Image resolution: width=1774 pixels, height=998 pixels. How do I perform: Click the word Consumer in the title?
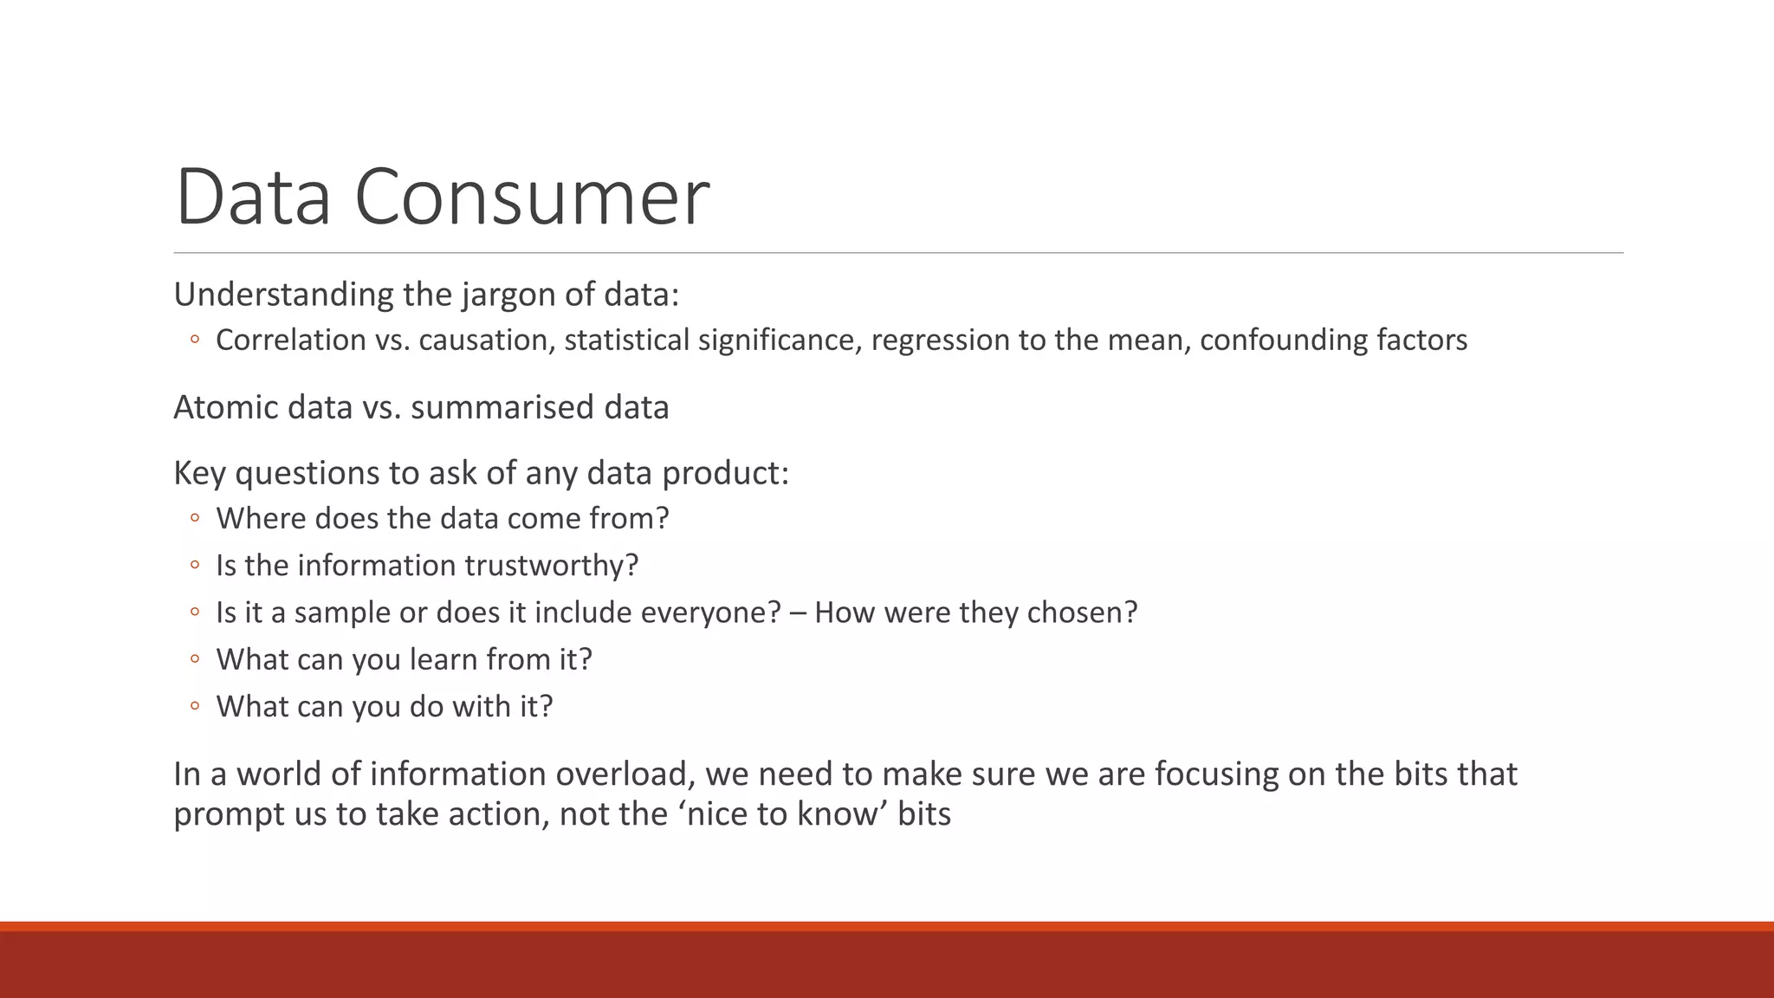532,198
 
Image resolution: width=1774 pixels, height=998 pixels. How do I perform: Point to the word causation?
486,340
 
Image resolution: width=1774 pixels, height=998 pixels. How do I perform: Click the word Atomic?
225,407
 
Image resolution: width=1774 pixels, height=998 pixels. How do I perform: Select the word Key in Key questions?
200,473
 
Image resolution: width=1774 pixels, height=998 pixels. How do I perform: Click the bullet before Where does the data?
195,518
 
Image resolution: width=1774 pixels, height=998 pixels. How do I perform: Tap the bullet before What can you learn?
195,659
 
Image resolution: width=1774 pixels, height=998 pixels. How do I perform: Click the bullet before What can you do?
195,706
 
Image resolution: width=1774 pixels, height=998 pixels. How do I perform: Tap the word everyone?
701,612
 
